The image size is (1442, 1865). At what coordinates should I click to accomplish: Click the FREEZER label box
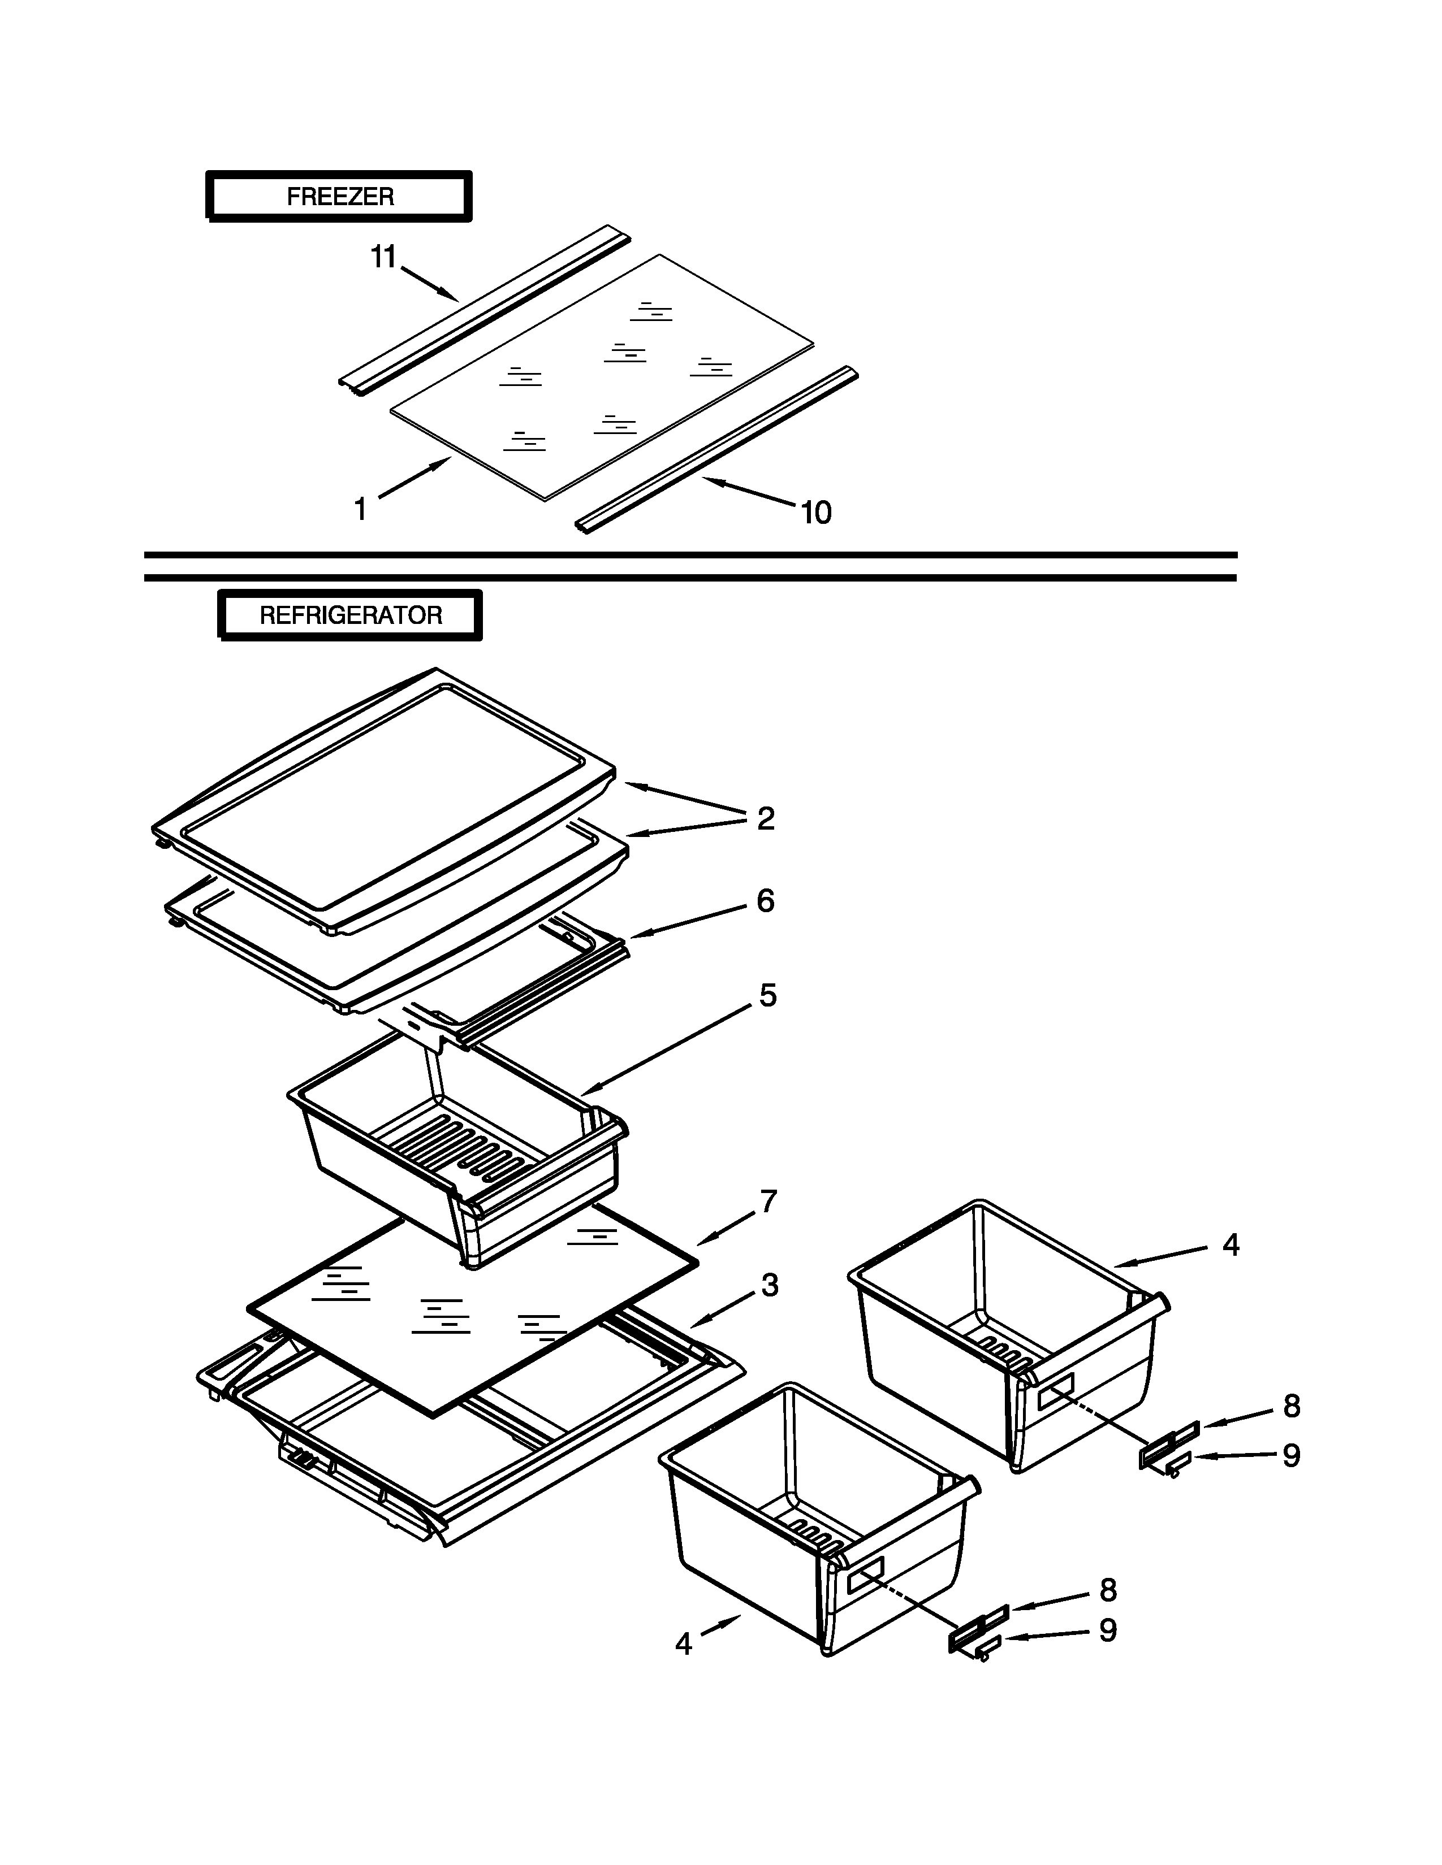click(x=339, y=197)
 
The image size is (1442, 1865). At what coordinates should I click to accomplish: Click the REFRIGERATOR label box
click(x=350, y=615)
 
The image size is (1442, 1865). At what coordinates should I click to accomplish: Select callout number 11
click(x=383, y=256)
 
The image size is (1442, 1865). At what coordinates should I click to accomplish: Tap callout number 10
click(x=816, y=513)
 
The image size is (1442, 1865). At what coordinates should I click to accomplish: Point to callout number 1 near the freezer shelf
click(x=361, y=510)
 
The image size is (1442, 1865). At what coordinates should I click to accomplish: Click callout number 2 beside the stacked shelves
click(x=766, y=818)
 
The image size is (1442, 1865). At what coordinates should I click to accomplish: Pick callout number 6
click(x=766, y=901)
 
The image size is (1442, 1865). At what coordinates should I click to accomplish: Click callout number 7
click(x=768, y=1202)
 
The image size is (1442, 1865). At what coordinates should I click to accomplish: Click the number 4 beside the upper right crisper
click(x=1230, y=1245)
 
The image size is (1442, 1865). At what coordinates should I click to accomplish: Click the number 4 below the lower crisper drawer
click(x=684, y=1644)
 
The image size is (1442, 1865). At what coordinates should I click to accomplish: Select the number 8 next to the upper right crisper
click(x=1291, y=1407)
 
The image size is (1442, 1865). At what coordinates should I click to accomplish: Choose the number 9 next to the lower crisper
click(x=1107, y=1631)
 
